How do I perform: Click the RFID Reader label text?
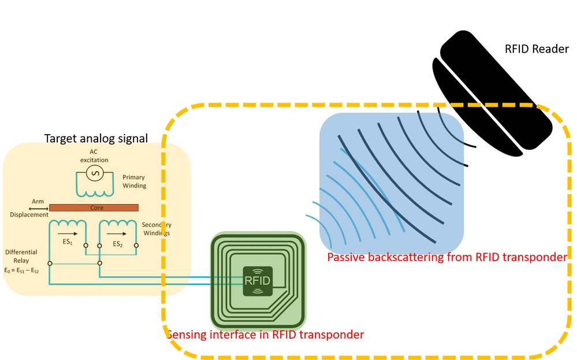[537, 49]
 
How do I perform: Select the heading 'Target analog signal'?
[96, 139]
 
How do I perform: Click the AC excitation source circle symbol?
[94, 173]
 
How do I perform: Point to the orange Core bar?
[94, 207]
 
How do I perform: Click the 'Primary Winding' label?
[134, 181]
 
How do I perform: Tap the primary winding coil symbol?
[94, 191]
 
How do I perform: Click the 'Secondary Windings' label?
[156, 229]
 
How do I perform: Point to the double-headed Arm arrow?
[38, 207]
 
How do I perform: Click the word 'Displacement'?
[29, 215]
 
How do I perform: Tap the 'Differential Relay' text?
[21, 256]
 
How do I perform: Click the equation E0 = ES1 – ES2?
[21, 270]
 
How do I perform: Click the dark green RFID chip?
[257, 281]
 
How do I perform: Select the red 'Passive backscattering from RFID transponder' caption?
[446, 257]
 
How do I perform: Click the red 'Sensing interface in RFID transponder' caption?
[265, 335]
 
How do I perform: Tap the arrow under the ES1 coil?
[68, 234]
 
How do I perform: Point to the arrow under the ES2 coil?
[118, 234]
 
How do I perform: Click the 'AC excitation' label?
[94, 156]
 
